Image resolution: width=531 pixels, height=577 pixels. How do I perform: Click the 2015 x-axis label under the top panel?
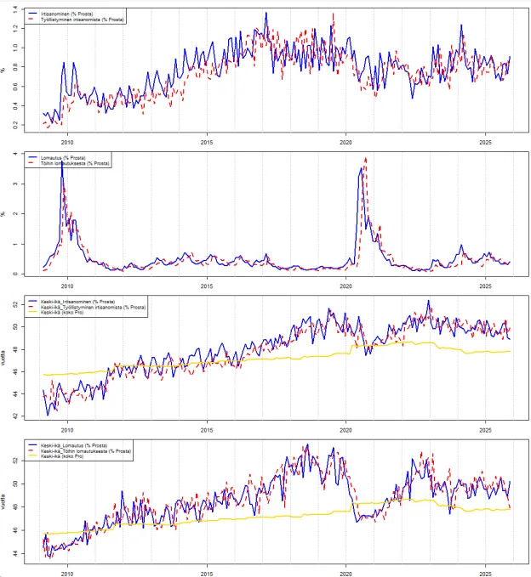207,143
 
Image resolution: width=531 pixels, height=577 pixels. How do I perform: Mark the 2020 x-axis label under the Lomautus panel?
346,286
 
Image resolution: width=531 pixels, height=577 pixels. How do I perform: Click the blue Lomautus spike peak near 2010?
61,161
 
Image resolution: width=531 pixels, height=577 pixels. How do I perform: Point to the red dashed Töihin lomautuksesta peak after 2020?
366,158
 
